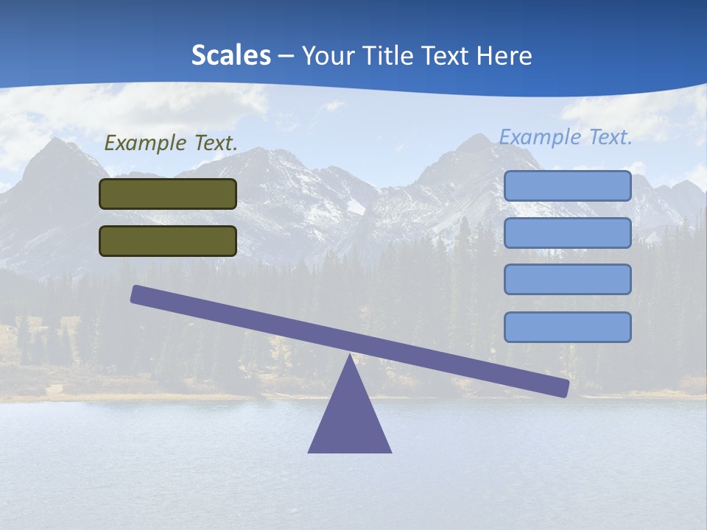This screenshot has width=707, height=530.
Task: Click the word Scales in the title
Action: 231,56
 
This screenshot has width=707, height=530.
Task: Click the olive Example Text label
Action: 171,143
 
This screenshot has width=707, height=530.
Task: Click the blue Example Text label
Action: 566,137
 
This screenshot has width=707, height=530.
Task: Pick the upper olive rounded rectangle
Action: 168,194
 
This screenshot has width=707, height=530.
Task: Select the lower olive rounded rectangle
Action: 168,241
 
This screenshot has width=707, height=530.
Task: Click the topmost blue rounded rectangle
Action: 567,185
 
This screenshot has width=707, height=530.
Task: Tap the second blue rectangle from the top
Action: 567,233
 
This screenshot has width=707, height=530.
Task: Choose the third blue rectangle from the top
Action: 567,279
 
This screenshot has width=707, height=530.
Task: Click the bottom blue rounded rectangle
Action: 567,327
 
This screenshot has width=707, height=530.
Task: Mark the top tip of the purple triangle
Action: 350,355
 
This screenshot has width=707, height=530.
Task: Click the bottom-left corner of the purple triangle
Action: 309,451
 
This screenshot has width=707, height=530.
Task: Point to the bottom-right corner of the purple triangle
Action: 390,451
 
